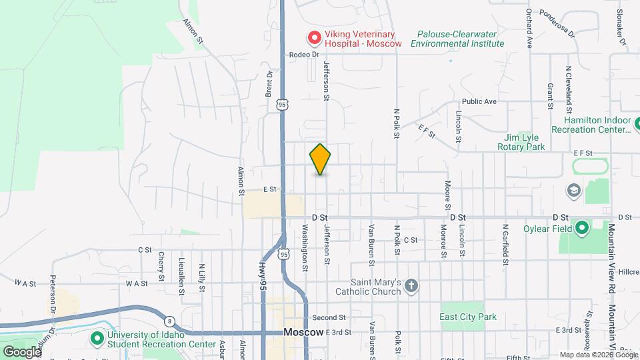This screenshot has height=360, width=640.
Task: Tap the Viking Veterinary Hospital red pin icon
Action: (x=313, y=37)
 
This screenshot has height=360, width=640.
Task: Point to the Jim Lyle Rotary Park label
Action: (x=524, y=142)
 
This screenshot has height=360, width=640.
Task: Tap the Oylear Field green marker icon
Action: (x=581, y=228)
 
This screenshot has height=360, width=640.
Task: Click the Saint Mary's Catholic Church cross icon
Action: (x=412, y=286)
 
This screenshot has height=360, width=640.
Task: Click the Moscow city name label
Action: (x=303, y=332)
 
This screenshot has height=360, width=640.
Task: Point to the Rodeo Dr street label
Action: (x=305, y=55)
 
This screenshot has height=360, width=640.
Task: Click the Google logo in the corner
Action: (x=21, y=351)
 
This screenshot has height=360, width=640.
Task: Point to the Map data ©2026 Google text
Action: (x=597, y=355)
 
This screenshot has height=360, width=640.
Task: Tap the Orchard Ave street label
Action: (x=529, y=28)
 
